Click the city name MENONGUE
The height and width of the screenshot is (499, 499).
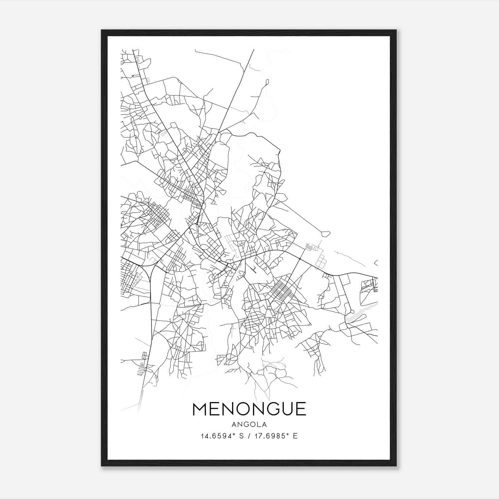tap(249, 409)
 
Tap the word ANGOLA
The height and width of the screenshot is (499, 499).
tap(249, 424)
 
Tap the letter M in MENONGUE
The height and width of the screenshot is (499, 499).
tap(202, 409)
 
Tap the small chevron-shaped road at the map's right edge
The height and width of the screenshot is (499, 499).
tap(375, 263)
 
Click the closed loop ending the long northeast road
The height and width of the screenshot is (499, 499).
tap(325, 233)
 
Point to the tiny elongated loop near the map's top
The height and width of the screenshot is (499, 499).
tap(267, 82)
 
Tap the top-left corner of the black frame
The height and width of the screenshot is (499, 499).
tap(102, 31)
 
